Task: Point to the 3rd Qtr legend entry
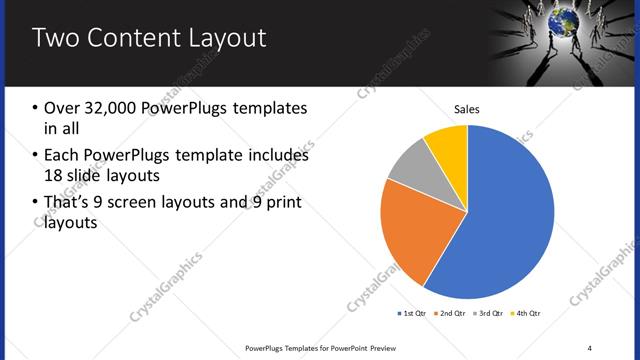[x=491, y=314]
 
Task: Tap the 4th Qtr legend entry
[x=529, y=314]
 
